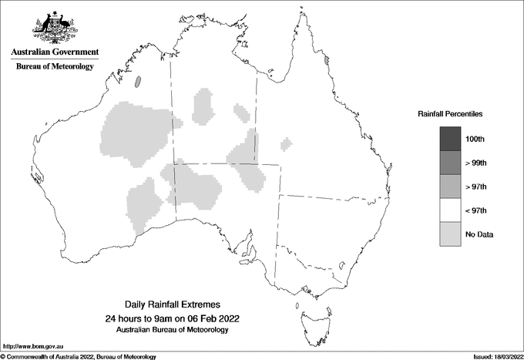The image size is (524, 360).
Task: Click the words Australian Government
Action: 55,52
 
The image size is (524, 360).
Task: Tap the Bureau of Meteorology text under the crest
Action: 55,67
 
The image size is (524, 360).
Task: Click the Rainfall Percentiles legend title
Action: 450,114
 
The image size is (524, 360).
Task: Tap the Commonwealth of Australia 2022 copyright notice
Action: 79,356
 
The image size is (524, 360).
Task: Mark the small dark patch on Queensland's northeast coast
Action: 327,59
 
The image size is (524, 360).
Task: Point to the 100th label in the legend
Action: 475,139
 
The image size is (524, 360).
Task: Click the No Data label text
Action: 479,234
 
